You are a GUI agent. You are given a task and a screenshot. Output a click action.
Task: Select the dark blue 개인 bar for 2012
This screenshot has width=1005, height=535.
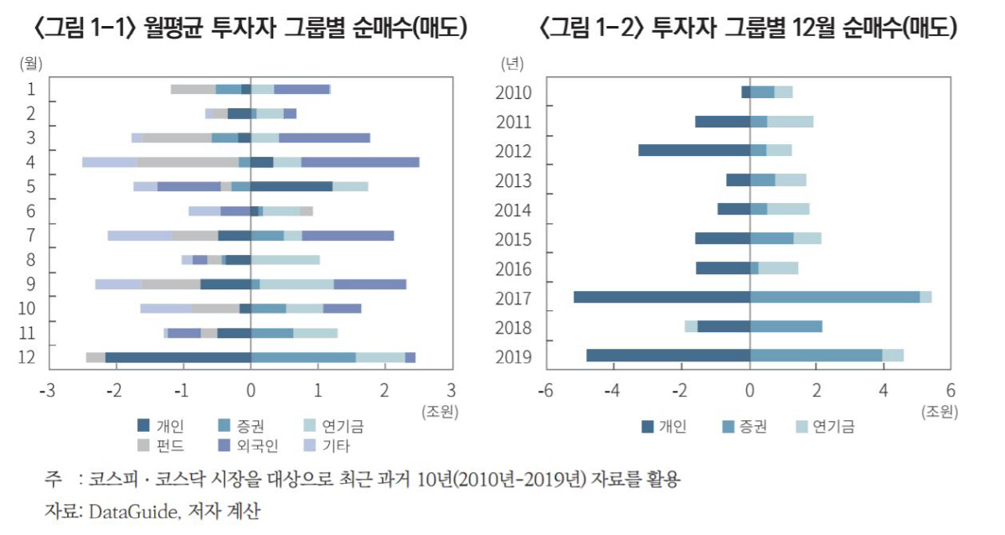(x=693, y=150)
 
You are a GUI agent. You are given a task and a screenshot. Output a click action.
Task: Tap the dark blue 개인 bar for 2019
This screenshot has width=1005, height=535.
(x=667, y=355)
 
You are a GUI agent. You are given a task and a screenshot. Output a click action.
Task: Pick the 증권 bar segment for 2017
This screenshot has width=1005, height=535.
(x=834, y=297)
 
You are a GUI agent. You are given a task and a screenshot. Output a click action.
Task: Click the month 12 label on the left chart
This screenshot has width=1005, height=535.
(x=27, y=357)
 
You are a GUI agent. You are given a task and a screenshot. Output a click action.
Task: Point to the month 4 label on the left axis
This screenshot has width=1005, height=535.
(x=30, y=162)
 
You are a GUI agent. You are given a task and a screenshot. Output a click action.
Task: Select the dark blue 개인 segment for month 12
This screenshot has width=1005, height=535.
(x=178, y=357)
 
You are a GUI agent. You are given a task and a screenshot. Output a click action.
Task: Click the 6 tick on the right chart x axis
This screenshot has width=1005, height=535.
(x=950, y=390)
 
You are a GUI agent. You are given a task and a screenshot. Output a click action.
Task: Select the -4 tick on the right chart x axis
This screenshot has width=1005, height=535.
(x=613, y=390)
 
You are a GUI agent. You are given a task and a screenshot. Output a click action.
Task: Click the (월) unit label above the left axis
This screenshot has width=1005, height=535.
(x=32, y=63)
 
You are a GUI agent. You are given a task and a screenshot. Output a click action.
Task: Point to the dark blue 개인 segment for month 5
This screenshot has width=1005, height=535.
(x=291, y=186)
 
